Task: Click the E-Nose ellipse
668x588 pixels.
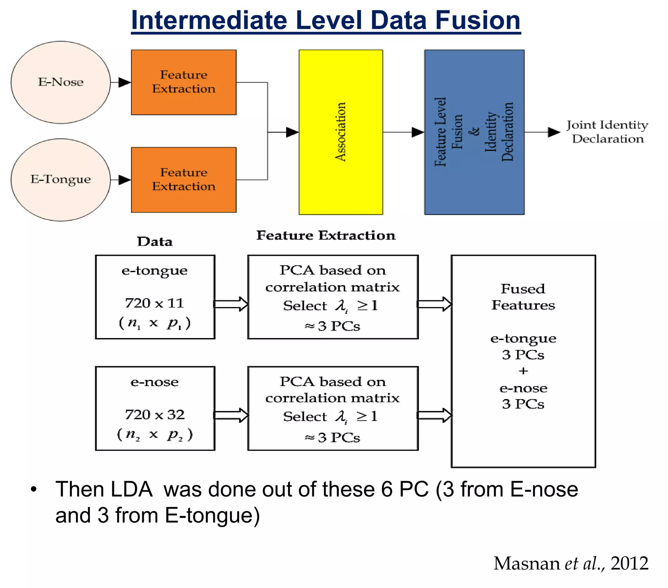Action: (x=60, y=82)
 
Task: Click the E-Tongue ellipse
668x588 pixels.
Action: (x=60, y=179)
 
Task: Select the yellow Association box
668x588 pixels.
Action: (x=341, y=132)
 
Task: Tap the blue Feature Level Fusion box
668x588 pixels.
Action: (x=474, y=132)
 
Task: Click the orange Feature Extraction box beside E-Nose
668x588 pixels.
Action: (x=184, y=82)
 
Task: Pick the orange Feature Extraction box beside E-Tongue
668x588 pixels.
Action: (x=184, y=179)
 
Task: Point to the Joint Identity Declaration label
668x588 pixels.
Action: (x=607, y=132)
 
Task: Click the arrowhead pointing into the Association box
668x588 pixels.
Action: (x=292, y=132)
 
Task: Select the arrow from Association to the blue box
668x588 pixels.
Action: (x=403, y=132)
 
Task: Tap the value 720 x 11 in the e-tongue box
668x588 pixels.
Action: (x=155, y=303)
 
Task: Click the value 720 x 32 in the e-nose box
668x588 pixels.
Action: (x=155, y=415)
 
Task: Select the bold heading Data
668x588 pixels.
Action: (x=155, y=242)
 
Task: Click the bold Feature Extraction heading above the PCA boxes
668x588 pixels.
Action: (x=326, y=236)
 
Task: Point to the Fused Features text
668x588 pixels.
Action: (x=523, y=297)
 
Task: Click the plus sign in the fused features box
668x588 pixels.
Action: (x=523, y=371)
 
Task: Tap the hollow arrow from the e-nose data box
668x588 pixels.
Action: (x=231, y=415)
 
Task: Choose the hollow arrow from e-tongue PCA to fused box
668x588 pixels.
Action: (x=434, y=304)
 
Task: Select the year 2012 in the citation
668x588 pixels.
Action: (x=629, y=564)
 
